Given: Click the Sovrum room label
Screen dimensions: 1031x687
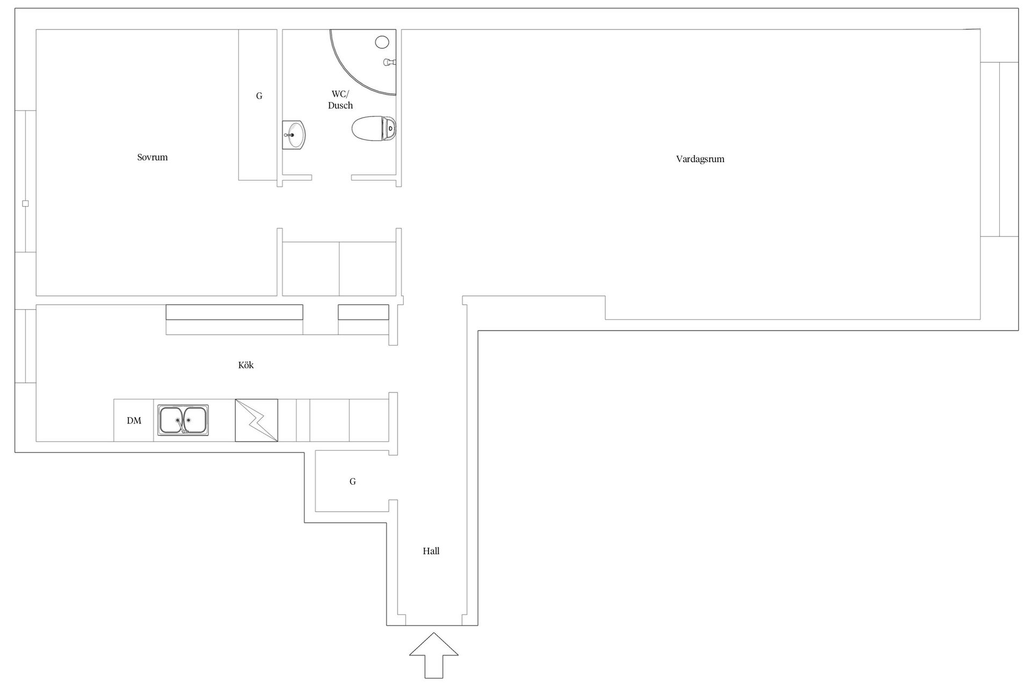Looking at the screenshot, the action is (153, 157).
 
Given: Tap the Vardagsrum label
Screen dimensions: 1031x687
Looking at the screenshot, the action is (700, 159).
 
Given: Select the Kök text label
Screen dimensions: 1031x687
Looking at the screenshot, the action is (246, 365).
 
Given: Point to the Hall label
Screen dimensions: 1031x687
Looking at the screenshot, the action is (431, 551).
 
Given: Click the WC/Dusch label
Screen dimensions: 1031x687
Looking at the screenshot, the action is (340, 100).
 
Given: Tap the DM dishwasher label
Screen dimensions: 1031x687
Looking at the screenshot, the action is (134, 421).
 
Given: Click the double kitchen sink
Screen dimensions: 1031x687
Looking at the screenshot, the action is (183, 420).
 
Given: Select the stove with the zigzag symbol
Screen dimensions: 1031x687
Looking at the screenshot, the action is (257, 420).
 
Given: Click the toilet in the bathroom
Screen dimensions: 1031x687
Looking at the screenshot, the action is (374, 129).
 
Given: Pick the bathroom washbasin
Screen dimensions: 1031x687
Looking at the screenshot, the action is (294, 134).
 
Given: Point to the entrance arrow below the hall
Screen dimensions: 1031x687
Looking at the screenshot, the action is (434, 655).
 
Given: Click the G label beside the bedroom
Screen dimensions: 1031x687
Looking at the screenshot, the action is (259, 96).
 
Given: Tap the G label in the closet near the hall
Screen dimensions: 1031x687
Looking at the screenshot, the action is (353, 481).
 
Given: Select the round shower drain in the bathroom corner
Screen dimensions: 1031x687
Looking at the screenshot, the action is (382, 42).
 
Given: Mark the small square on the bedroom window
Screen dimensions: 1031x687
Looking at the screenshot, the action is (25, 203).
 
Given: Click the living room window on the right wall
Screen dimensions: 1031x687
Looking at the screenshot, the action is (999, 149).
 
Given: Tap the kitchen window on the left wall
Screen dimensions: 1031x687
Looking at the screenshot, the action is (25, 346).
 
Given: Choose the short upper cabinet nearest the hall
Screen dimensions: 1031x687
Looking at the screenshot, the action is (364, 312).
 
